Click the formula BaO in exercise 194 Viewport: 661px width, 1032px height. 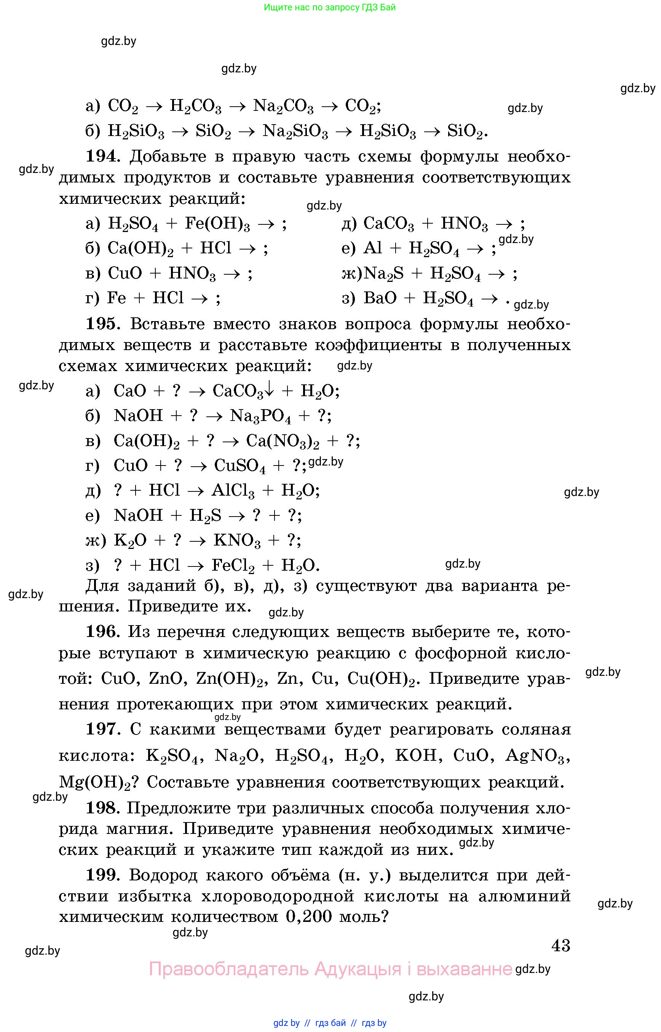[x=380, y=298]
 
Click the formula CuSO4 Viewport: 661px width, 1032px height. [x=240, y=466]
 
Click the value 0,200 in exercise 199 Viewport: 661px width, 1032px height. [x=309, y=917]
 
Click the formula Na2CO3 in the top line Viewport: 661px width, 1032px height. [x=283, y=106]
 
